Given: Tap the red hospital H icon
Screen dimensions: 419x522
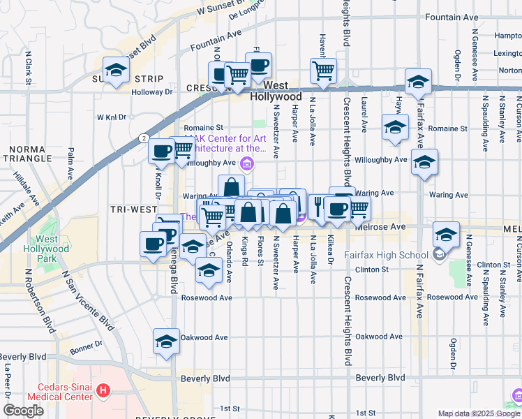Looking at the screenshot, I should click(103, 390).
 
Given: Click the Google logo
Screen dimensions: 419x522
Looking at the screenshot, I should click(23, 411).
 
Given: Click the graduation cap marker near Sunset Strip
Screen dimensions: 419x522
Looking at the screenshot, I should click(117, 70).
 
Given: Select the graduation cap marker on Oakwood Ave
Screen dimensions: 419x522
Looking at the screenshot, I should click(166, 341).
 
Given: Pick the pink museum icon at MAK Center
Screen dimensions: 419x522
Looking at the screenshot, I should click(246, 164).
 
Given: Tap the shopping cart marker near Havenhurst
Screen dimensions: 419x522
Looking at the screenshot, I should click(323, 70).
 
